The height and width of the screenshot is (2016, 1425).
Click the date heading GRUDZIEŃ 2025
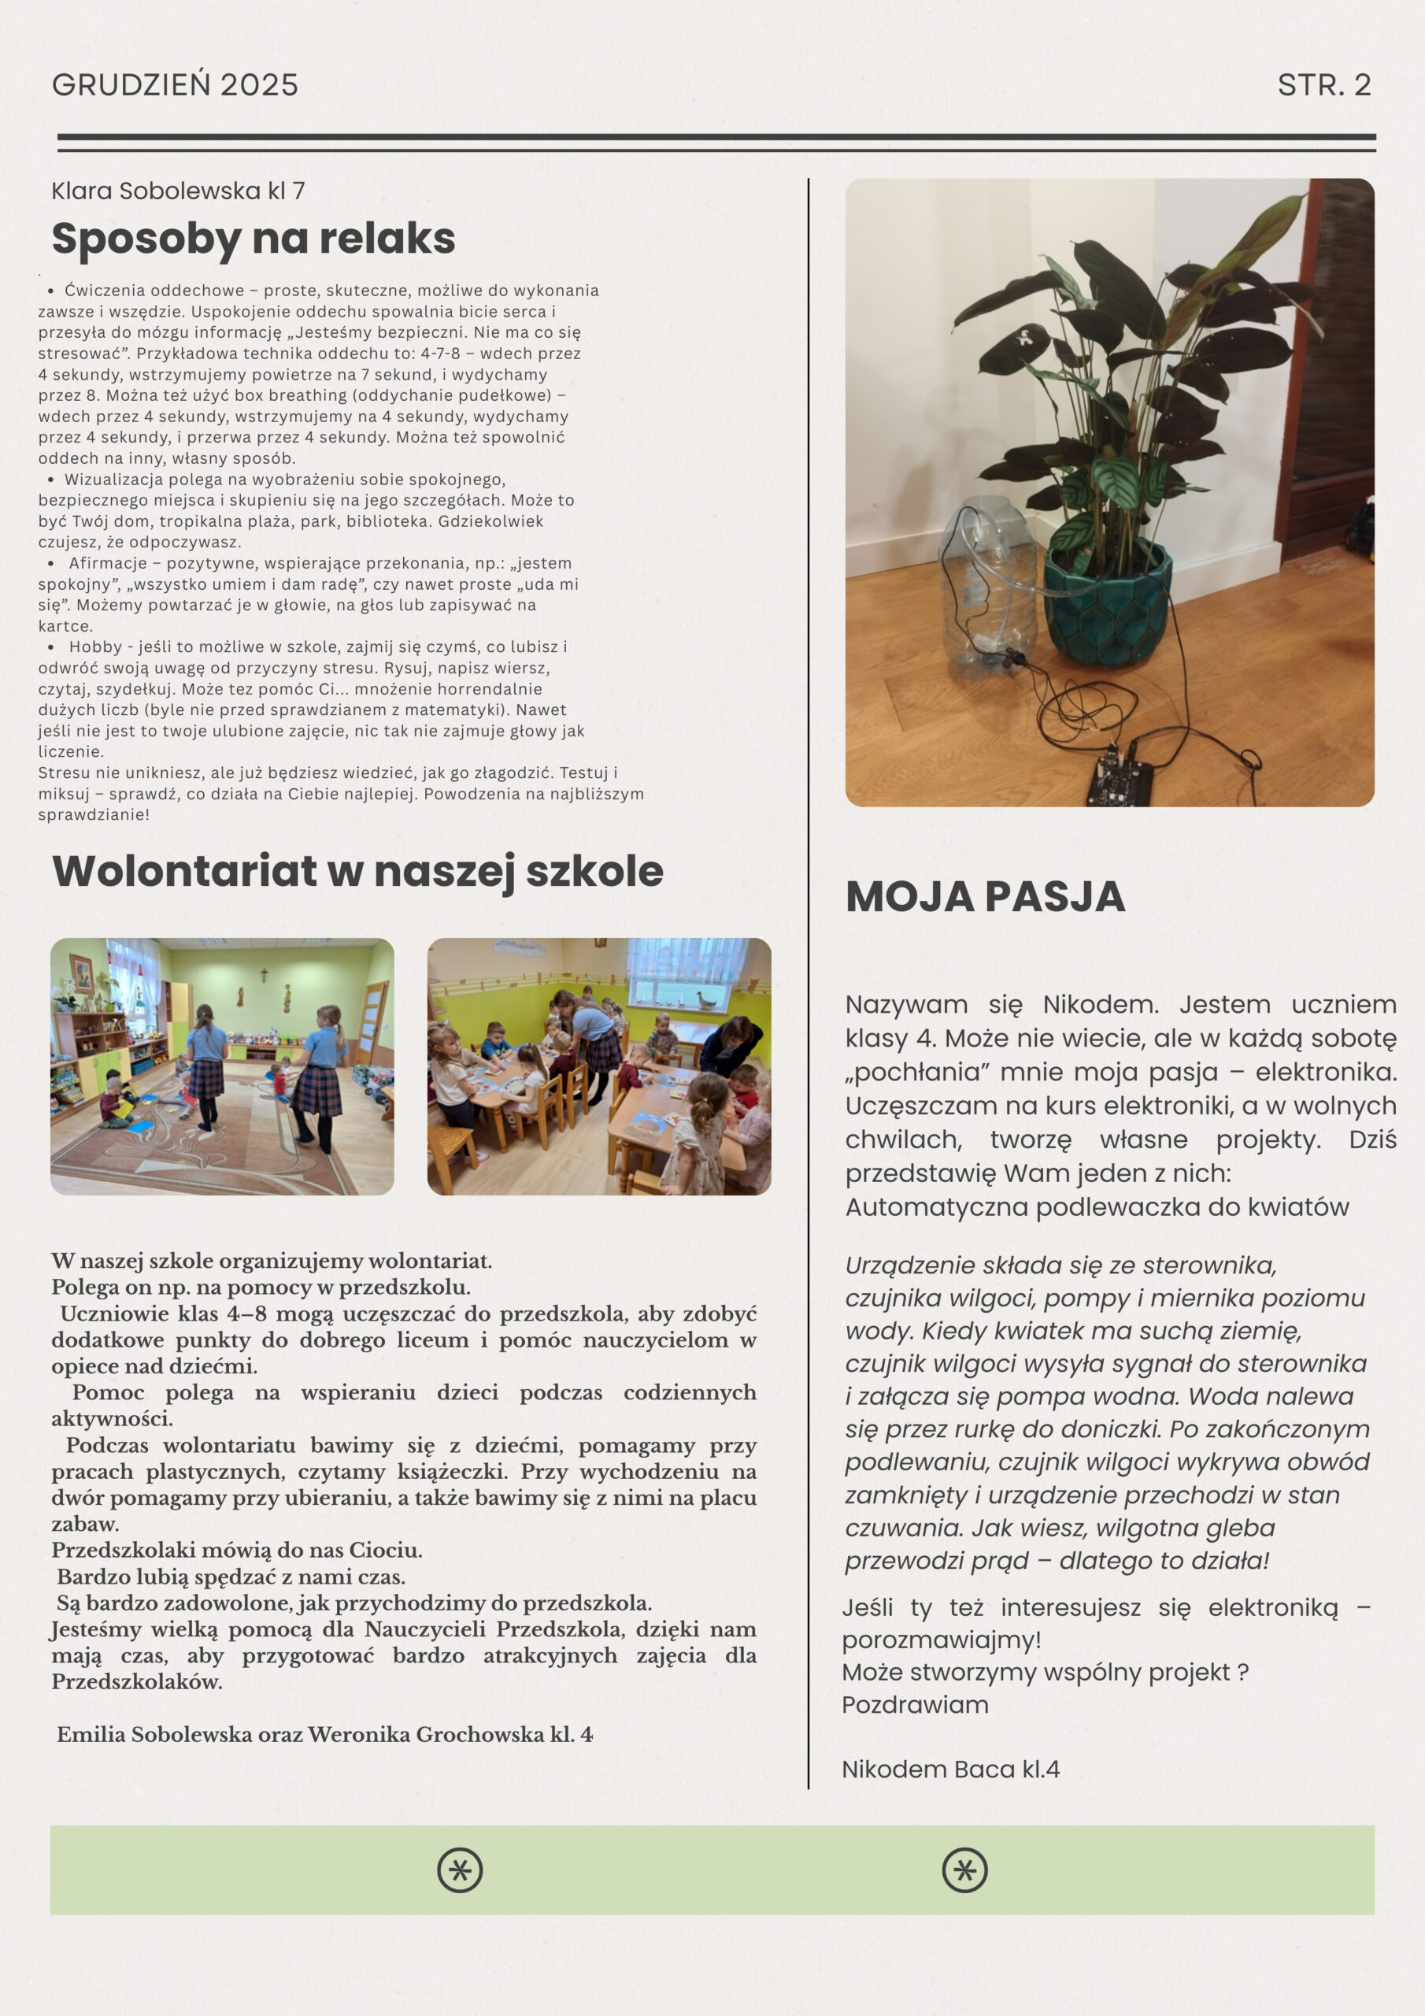coord(175,85)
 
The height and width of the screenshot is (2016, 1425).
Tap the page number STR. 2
coord(1323,85)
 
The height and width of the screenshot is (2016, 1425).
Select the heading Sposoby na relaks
coord(253,238)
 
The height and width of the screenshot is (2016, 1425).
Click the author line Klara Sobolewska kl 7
coord(178,191)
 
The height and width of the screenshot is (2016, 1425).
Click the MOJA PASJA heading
coord(984,896)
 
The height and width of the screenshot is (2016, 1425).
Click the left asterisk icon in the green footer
coord(459,1870)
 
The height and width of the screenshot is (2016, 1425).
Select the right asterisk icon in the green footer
coord(964,1870)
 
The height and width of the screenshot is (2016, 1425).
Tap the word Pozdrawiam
coord(915,1704)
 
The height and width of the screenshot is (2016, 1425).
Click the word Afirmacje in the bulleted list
coord(108,563)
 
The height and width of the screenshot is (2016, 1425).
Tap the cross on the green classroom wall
coord(261,975)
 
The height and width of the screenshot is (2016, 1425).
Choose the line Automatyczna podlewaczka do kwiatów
coord(1097,1206)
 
